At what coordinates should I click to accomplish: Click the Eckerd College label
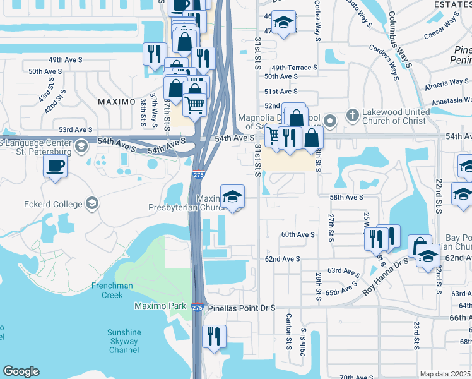[54, 204]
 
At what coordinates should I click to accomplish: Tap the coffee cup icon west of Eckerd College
[55, 166]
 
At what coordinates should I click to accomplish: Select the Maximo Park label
[160, 306]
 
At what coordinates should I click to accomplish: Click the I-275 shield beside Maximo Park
[198, 306]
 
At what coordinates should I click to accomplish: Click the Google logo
[21, 371]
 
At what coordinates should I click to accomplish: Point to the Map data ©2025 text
[445, 374]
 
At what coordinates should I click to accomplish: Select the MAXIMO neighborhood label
[117, 102]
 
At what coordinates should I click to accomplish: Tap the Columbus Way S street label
[400, 38]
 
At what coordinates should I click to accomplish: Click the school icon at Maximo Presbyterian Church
[232, 196]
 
